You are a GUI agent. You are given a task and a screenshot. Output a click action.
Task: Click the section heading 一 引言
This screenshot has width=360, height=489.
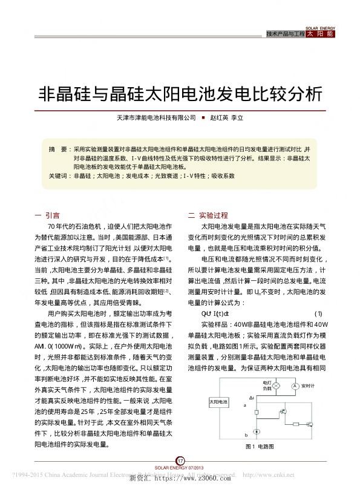pyautogui.click(x=48, y=214)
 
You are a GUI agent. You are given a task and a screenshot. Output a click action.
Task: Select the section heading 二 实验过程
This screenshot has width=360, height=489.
pyautogui.click(x=208, y=214)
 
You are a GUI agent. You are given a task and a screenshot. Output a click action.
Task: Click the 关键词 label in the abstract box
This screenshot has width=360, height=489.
pyautogui.click(x=59, y=176)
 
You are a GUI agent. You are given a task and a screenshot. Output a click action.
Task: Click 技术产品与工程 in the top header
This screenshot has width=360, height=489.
pyautogui.click(x=286, y=34)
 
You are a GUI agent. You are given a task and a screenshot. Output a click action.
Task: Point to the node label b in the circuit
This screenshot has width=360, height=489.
pyautogui.click(x=244, y=435)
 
